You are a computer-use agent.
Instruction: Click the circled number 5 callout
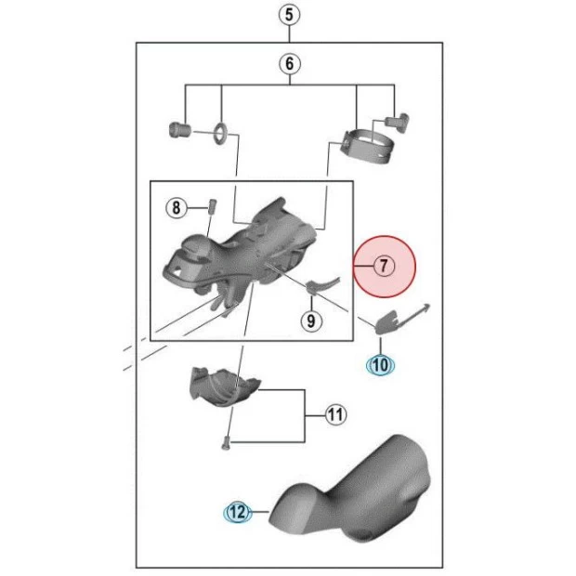[x=289, y=14]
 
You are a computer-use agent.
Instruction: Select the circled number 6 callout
[x=289, y=64]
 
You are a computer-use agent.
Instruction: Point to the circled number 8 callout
[x=177, y=207]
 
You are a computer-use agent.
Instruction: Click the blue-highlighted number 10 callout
[x=380, y=365]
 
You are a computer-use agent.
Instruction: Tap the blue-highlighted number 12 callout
[x=237, y=511]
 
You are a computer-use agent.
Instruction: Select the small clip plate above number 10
[x=388, y=321]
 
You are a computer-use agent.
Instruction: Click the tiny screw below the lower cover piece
[x=225, y=444]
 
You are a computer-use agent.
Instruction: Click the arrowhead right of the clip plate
[x=425, y=307]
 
